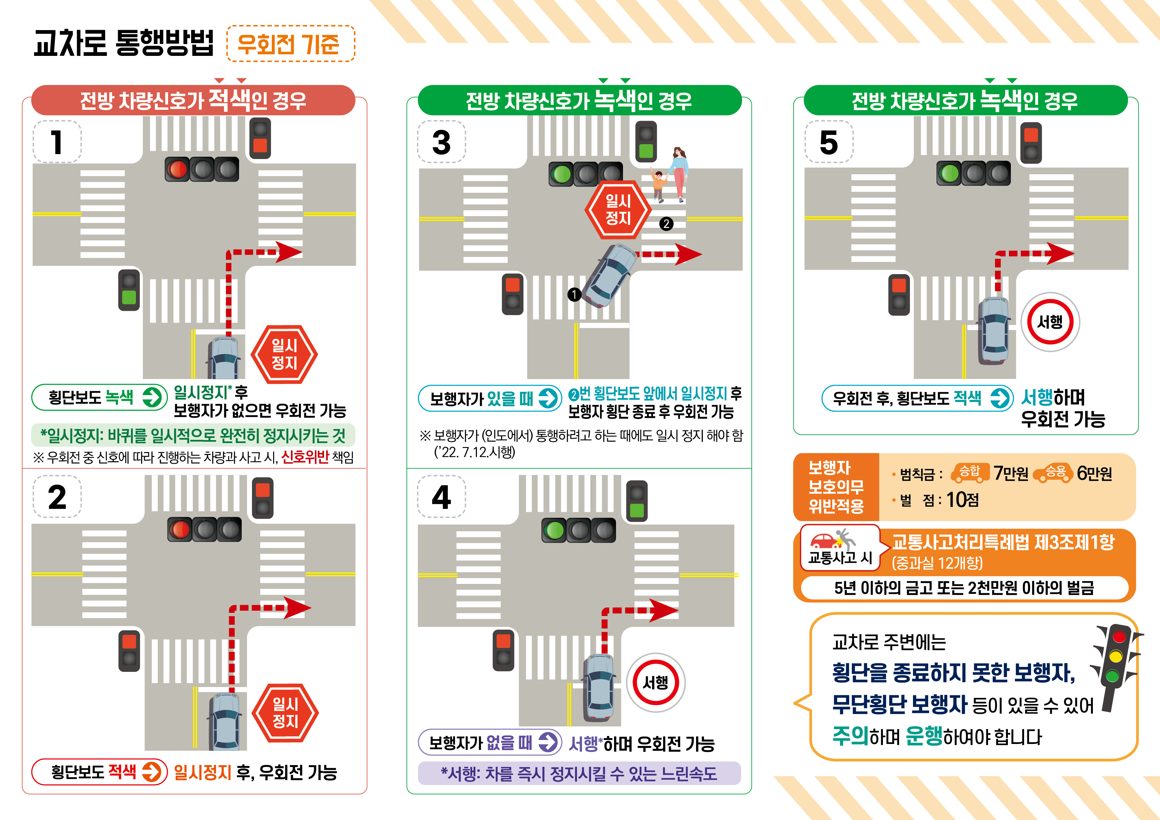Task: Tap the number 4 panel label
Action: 441,497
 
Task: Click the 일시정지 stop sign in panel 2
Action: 285,713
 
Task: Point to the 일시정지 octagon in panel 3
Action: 618,210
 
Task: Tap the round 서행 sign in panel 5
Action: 1050,322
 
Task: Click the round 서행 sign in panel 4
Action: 656,682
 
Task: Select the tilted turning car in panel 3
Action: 610,275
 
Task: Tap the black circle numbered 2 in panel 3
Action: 666,224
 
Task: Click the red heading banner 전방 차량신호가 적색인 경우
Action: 193,100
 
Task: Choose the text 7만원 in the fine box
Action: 1011,473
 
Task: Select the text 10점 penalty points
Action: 963,500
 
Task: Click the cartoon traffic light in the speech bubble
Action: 1115,667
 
